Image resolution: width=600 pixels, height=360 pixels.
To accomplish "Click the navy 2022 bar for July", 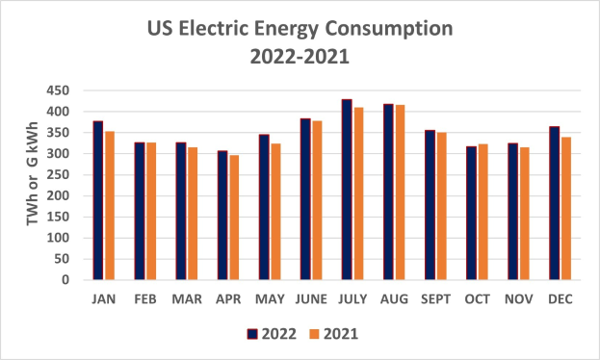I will pos(347,190).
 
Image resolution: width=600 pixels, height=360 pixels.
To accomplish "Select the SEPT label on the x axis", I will pos(435,299).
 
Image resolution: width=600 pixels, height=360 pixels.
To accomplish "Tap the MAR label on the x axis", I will pos(187,299).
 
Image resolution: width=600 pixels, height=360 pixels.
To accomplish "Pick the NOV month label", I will pos(518,299).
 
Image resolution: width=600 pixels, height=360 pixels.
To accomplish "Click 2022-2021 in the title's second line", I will pos(300,56).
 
